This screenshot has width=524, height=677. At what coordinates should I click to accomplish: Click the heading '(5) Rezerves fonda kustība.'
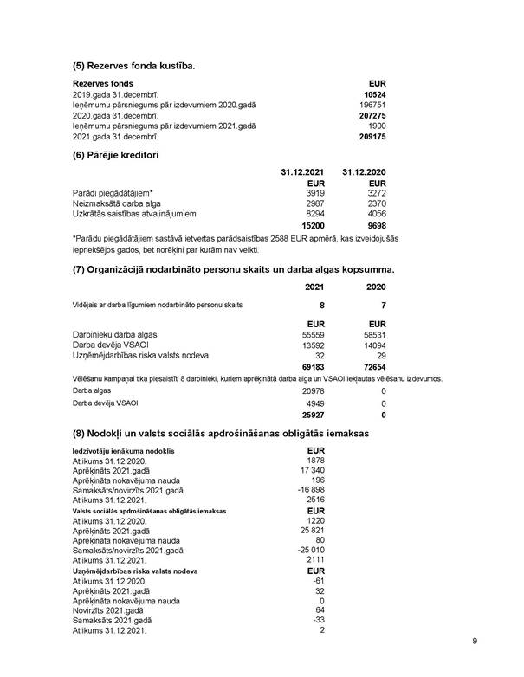[133, 66]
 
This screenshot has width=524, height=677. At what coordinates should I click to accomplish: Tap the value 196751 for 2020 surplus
[374, 106]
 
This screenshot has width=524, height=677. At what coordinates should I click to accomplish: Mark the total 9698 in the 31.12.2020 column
[374, 225]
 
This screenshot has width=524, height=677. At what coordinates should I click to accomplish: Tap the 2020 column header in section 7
[375, 286]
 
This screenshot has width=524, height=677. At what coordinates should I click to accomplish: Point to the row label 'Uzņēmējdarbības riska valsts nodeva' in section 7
[140, 354]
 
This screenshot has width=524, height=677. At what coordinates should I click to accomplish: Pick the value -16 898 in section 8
[307, 491]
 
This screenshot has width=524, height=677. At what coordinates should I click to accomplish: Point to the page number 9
[475, 642]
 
